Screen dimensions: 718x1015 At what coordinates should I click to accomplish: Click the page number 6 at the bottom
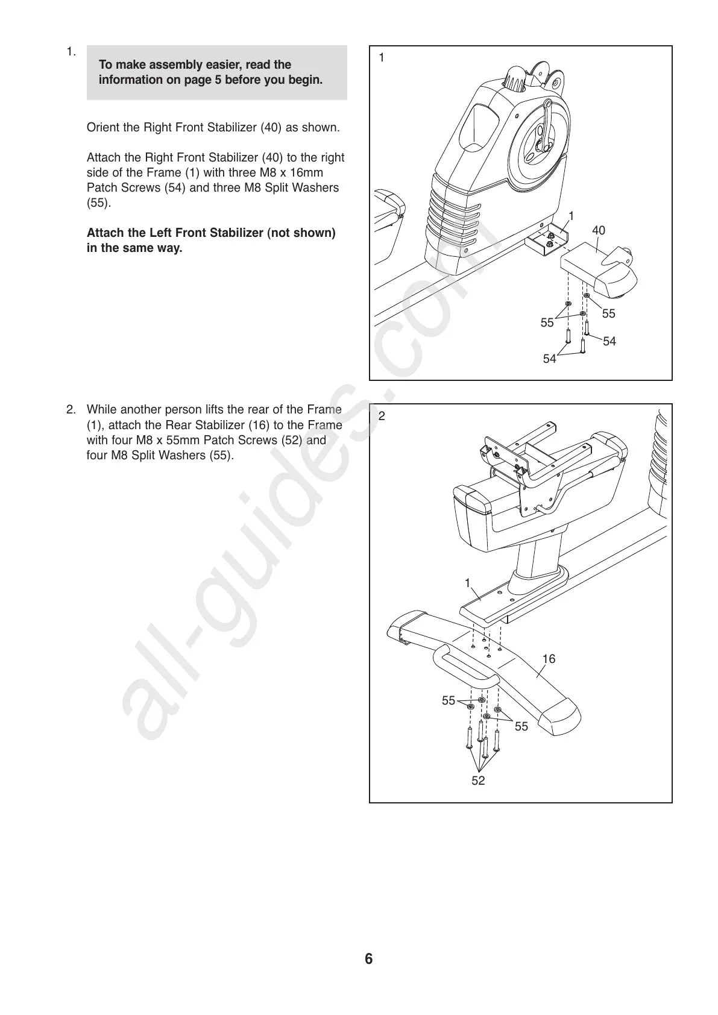point(368,958)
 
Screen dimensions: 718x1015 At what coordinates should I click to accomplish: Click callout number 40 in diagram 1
point(598,230)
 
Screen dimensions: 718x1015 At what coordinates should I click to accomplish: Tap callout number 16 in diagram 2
point(548,659)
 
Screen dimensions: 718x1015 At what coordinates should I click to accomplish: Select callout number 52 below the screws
point(478,781)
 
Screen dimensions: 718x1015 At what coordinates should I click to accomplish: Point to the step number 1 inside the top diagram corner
point(381,58)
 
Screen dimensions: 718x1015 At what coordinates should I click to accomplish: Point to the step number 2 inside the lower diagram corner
point(382,416)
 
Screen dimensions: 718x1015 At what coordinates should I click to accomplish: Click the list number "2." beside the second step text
point(71,410)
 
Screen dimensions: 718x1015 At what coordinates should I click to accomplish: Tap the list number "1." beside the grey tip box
point(71,51)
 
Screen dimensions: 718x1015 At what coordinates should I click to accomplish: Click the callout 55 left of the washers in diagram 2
point(449,700)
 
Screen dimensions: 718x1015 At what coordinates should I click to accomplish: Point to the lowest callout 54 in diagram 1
point(549,359)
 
